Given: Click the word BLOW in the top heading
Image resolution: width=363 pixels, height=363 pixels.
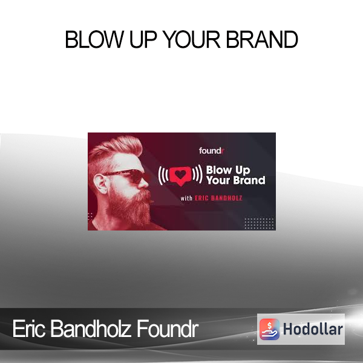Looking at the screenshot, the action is [x=94, y=39].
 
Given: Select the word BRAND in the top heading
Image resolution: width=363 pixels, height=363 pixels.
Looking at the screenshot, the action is [x=262, y=39].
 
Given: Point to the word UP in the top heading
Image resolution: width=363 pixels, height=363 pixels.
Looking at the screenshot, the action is [x=143, y=39].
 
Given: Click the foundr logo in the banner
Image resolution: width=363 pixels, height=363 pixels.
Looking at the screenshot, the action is [x=212, y=151].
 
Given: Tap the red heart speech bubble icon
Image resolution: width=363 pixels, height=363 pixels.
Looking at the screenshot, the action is [x=180, y=175].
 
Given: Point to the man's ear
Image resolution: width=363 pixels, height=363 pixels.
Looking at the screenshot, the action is [x=102, y=183].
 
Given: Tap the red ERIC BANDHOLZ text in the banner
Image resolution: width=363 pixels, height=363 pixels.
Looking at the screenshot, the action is [x=218, y=198].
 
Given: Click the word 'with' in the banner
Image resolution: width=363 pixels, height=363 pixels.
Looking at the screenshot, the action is [x=186, y=198].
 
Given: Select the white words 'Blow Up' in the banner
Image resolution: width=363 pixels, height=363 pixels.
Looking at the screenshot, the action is [x=228, y=170].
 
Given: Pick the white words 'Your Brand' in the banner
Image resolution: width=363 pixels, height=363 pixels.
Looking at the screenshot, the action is [x=236, y=180].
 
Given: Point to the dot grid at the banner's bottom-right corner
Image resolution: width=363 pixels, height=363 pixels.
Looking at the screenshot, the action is [x=259, y=223].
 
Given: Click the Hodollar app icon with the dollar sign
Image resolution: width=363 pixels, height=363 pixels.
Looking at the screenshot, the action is [x=269, y=329].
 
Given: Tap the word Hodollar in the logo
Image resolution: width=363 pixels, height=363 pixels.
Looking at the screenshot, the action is [x=313, y=329].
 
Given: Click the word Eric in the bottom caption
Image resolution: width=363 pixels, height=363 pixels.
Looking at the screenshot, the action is [x=28, y=329].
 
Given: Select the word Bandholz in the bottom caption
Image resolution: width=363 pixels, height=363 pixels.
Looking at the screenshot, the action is [x=90, y=329].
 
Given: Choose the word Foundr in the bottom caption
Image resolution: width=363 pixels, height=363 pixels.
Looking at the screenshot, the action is [x=167, y=329].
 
